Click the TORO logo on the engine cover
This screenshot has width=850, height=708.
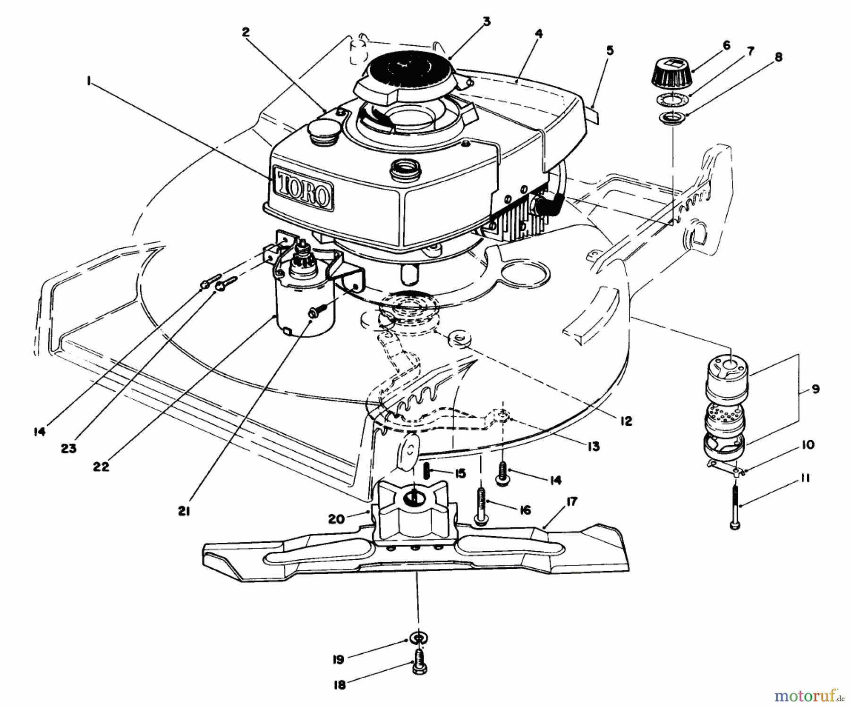click(302, 189)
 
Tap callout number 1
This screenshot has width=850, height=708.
click(88, 82)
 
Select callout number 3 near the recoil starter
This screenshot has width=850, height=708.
click(486, 21)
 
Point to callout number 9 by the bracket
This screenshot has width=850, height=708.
click(816, 389)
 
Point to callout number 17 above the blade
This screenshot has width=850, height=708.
click(572, 502)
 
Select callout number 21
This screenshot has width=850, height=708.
click(184, 511)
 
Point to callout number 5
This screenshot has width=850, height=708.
click(610, 51)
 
